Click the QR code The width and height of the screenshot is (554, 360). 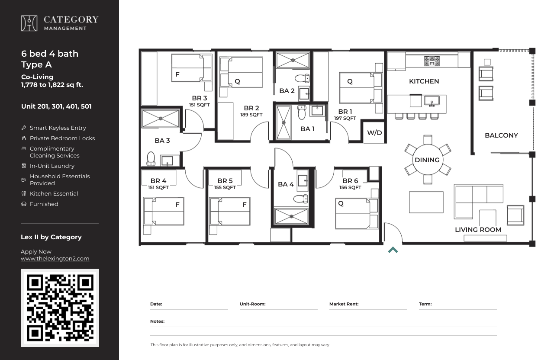(60, 308)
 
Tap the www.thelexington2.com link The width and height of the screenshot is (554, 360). (55, 259)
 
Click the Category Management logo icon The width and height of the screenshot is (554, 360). (29, 23)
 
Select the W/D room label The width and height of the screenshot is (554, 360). (374, 133)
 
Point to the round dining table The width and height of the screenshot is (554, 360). (427, 160)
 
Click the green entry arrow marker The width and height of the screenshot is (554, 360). (393, 250)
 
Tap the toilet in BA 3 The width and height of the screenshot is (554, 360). (151, 158)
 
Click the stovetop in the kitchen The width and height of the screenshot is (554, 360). (432, 61)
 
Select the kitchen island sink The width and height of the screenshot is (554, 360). (432, 101)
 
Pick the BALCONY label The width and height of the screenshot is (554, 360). (501, 135)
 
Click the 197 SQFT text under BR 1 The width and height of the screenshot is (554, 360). (345, 118)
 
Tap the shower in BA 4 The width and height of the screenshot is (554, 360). (291, 216)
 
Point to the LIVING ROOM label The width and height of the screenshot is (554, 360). (478, 230)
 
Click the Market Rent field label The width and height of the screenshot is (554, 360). (344, 304)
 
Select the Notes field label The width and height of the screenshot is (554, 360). (157, 321)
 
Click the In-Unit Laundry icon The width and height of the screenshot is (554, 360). (24, 166)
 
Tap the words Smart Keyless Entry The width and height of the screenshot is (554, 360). (58, 128)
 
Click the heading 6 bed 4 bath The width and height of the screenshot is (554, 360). (50, 54)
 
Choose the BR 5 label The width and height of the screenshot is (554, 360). (225, 181)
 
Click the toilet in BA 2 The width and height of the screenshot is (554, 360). (302, 78)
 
